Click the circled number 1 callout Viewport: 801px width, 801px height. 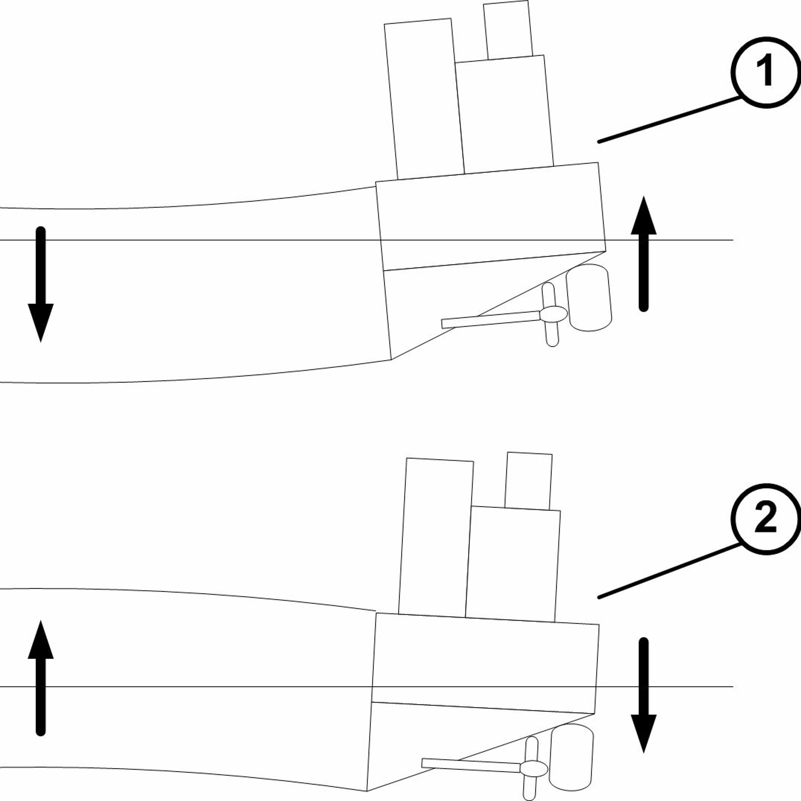(x=766, y=73)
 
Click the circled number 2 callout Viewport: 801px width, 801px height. (x=766, y=519)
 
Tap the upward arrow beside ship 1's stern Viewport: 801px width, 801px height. (x=643, y=254)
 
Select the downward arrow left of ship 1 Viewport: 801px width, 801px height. (x=41, y=284)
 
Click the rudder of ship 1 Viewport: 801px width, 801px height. (x=589, y=298)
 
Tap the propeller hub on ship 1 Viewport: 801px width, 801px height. (x=553, y=314)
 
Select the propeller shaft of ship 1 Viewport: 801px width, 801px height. (x=490, y=320)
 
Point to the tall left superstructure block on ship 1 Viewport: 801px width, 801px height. (x=424, y=99)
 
